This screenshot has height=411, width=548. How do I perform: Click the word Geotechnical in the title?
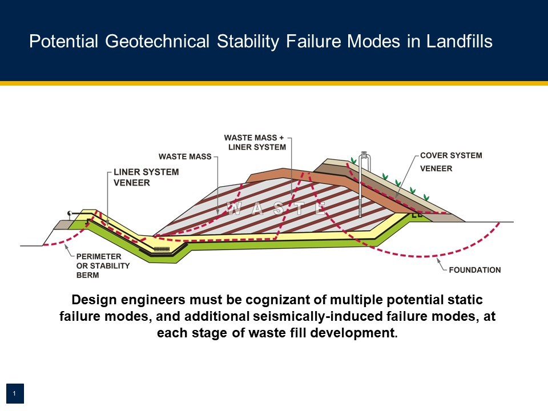click(x=157, y=41)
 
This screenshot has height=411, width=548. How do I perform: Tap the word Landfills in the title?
click(x=459, y=41)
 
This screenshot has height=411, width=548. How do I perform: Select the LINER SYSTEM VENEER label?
click(x=146, y=177)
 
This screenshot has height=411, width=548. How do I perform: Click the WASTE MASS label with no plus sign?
click(x=185, y=156)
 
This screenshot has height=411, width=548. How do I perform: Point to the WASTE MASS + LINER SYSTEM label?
click(x=255, y=143)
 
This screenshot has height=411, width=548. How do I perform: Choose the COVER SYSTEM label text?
click(x=451, y=155)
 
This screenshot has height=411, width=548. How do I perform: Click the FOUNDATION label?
click(x=474, y=270)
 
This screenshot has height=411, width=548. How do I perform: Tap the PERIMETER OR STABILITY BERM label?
click(x=103, y=265)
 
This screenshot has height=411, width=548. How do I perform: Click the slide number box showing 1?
click(x=15, y=393)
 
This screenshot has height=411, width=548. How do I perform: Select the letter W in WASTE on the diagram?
click(x=233, y=209)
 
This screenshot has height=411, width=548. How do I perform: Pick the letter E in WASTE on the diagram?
click(x=320, y=209)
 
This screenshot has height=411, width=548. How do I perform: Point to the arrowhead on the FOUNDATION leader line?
click(x=438, y=260)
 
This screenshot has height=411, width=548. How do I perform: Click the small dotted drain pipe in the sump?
click(x=162, y=249)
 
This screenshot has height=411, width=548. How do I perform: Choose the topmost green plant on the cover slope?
click(x=354, y=161)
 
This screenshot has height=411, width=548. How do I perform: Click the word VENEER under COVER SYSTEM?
click(x=436, y=168)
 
